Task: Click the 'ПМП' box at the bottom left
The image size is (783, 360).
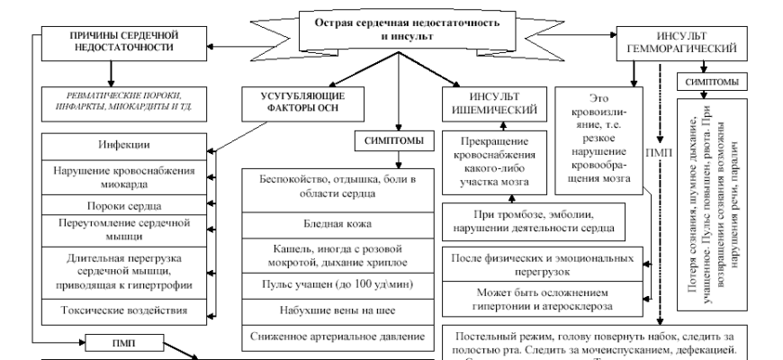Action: pos(123,343)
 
